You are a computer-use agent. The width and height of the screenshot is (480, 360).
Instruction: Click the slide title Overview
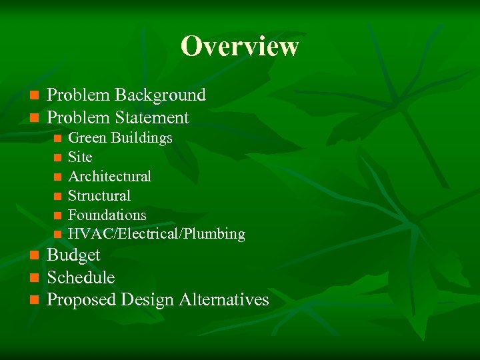coord(239,47)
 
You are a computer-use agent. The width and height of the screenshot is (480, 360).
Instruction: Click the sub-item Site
coord(80,157)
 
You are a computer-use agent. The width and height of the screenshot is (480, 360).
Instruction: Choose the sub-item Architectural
coord(109,177)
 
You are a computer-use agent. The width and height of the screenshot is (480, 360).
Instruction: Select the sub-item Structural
coord(99,196)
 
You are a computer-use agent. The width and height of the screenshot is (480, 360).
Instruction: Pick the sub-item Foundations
coord(107,215)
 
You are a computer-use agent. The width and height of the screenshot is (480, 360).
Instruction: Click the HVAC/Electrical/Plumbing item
coord(156,235)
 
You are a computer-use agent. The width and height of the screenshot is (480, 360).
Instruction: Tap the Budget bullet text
coord(73,255)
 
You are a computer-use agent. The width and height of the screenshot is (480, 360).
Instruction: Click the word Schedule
coord(81,278)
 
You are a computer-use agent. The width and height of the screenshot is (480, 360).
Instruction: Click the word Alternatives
coord(224,301)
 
